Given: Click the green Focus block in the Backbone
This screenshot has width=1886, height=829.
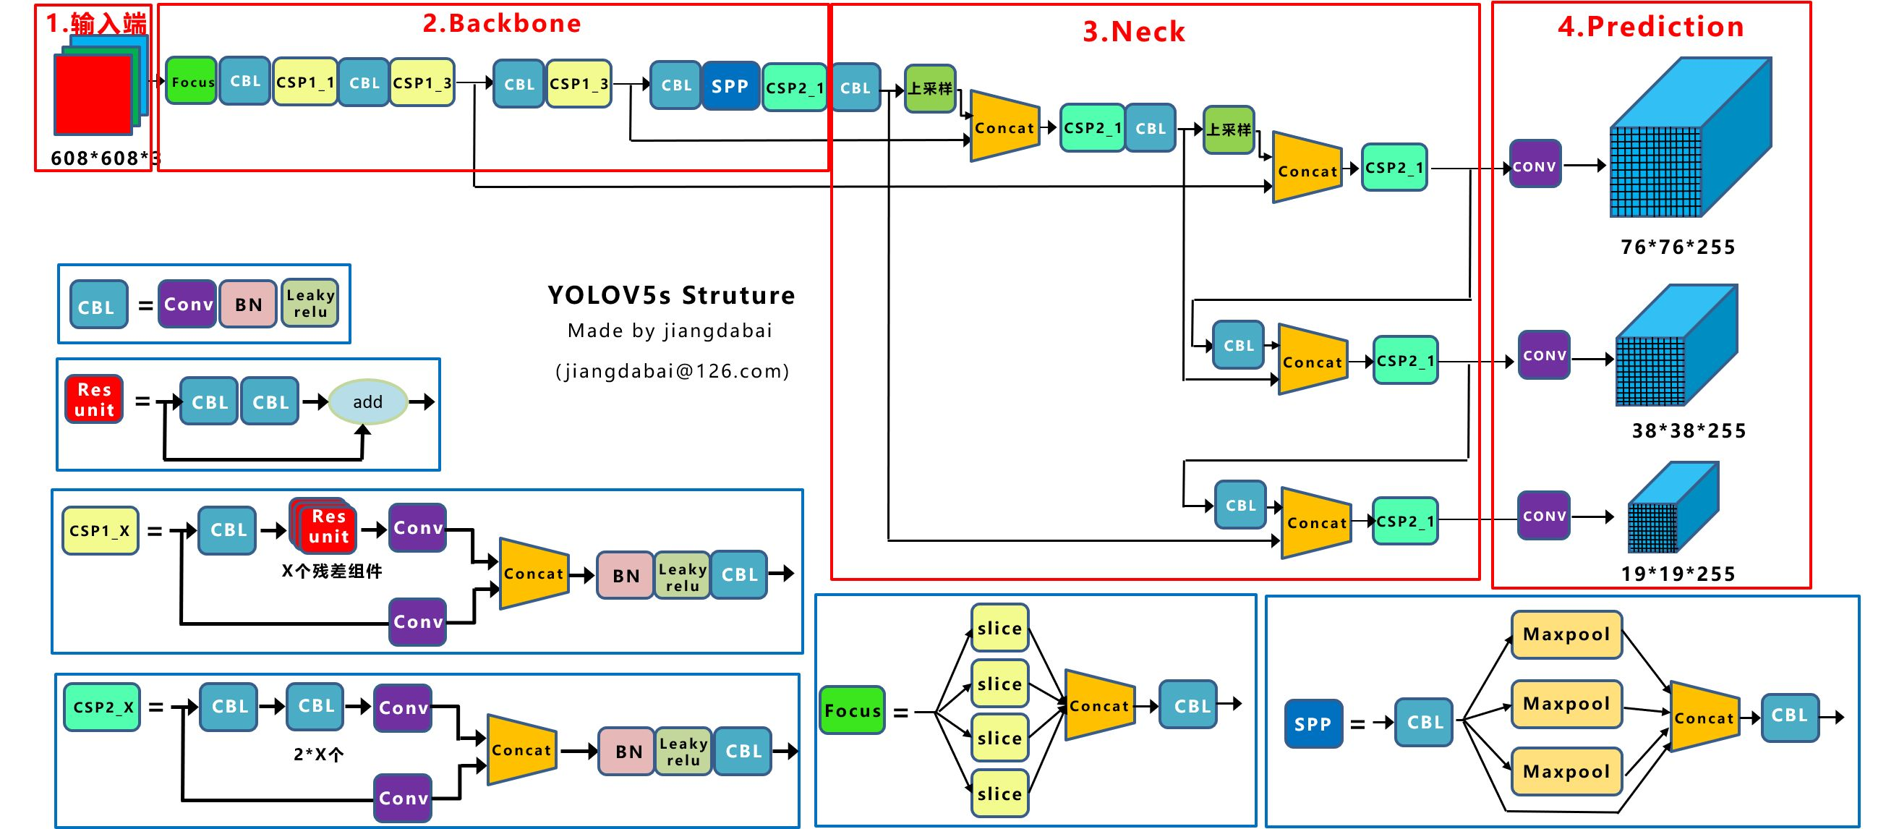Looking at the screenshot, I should point(192,81).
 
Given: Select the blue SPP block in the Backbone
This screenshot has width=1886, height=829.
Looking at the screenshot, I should point(730,85).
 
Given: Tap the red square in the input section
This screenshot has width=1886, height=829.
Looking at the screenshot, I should point(93,95).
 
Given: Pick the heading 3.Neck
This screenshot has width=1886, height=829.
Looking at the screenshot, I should point(1133,32).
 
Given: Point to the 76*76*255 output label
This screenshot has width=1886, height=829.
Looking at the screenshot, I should point(1677,247).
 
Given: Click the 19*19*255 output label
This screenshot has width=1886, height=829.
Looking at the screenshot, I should point(1677,574).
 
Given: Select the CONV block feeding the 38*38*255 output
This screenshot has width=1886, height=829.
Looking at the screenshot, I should point(1544,355).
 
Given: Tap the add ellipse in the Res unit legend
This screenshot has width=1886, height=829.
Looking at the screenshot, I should point(367,401).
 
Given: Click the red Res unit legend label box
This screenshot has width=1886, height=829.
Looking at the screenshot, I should point(95,400).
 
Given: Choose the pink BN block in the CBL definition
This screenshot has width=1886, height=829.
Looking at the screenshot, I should point(248,304).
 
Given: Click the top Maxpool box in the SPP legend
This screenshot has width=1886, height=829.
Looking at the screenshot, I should point(1566,634).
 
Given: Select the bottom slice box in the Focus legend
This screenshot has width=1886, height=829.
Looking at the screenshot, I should point(999,793).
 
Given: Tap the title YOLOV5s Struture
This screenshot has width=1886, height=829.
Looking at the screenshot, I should point(670,295).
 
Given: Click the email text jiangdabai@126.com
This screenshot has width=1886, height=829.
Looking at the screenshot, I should point(672,371).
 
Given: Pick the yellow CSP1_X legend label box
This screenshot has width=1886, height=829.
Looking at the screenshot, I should point(101,530).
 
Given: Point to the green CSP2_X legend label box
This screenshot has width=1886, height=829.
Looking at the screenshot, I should point(103,707).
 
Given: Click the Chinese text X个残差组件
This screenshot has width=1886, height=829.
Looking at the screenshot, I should point(332,571).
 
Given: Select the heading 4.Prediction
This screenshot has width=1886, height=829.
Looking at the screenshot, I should point(1650,26).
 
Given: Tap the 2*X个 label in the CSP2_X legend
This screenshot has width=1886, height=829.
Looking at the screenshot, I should point(317,754).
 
